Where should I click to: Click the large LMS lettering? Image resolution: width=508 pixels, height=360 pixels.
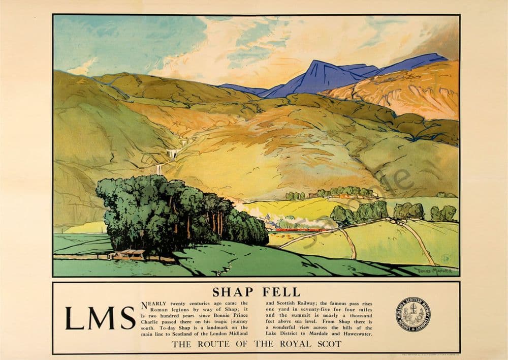click(x=100, y=318)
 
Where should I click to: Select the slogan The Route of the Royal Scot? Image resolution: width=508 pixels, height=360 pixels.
click(x=256, y=344)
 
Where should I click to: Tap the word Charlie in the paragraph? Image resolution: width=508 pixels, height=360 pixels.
click(x=152, y=321)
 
